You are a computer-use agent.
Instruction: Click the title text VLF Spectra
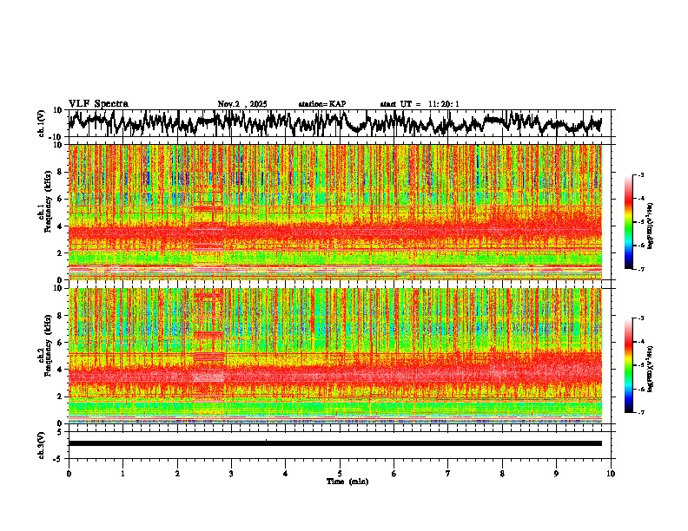[x=98, y=103]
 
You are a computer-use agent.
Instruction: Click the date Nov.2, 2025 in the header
[x=242, y=104]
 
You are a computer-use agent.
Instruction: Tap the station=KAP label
[x=322, y=104]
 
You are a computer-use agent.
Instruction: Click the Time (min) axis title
[x=347, y=481]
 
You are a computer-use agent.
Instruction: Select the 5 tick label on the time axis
[x=340, y=473]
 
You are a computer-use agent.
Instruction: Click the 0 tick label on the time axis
[x=69, y=473]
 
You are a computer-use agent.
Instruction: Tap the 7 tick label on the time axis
[x=448, y=473]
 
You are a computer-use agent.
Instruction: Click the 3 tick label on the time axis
[x=231, y=473]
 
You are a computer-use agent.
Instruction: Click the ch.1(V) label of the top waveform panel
[x=42, y=123]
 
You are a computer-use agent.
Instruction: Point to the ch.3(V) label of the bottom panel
[x=42, y=442]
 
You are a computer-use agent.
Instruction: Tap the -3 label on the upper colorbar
[x=642, y=175]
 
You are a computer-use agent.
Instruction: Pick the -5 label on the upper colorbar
[x=642, y=222]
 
